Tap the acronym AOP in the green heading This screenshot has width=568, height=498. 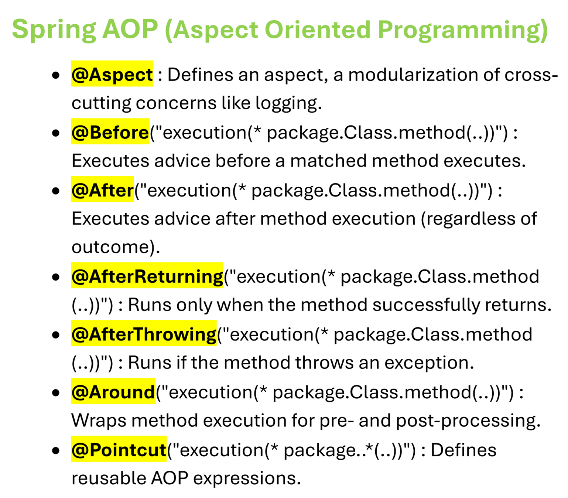130,29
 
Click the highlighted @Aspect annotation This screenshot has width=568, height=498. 112,74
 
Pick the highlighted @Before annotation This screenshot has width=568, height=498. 110,131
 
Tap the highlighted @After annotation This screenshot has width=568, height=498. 102,189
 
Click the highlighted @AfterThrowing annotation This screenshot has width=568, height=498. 144,333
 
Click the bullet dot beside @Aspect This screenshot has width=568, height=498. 56,75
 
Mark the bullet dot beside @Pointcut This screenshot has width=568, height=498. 56,450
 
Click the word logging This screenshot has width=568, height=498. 288,104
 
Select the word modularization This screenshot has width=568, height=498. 413,75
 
